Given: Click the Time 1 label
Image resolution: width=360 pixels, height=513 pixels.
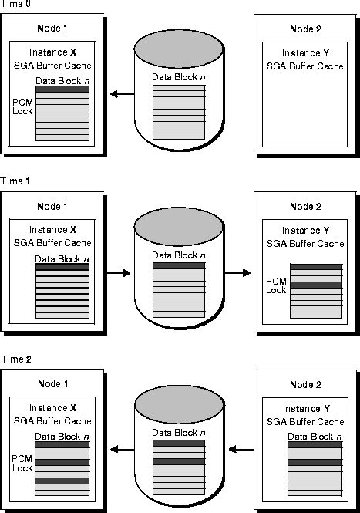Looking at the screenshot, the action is click(15, 181).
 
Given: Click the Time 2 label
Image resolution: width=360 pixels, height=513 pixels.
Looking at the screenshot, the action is click(16, 359).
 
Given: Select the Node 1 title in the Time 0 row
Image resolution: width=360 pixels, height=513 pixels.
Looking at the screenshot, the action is click(52, 28).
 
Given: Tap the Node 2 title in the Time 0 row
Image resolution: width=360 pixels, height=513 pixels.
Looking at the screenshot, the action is click(305, 29).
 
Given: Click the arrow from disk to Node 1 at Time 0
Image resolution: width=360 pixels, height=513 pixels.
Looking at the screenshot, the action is click(122, 94).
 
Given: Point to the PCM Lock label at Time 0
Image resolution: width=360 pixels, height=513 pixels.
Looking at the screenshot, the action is click(22, 106).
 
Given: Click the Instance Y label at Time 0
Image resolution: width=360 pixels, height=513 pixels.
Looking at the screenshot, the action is click(305, 52).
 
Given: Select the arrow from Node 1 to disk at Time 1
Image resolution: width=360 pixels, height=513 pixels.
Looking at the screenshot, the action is click(119, 272).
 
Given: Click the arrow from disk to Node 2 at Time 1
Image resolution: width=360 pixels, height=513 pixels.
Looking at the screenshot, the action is click(237, 272).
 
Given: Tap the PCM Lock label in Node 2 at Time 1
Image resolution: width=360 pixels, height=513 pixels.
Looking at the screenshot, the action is click(276, 285).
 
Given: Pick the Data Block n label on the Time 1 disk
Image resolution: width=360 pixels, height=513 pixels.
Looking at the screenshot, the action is click(179, 255).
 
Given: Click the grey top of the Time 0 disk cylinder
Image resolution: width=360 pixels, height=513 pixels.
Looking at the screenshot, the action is click(179, 45).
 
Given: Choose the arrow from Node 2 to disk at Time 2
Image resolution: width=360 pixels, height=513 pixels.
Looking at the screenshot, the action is click(241, 450).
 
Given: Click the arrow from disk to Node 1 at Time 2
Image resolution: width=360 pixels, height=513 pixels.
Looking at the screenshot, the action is click(122, 450).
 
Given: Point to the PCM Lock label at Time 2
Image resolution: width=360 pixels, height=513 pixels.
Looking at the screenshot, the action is click(22, 464).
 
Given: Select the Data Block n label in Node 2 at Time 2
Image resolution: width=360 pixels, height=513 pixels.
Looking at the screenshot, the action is click(315, 437).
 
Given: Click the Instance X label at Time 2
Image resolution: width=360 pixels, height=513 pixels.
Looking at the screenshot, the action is click(52, 407).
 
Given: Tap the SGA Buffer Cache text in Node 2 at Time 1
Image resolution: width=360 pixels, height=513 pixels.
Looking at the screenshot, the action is click(305, 244).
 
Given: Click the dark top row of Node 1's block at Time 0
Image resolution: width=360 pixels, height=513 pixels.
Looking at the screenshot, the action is click(62, 89).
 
